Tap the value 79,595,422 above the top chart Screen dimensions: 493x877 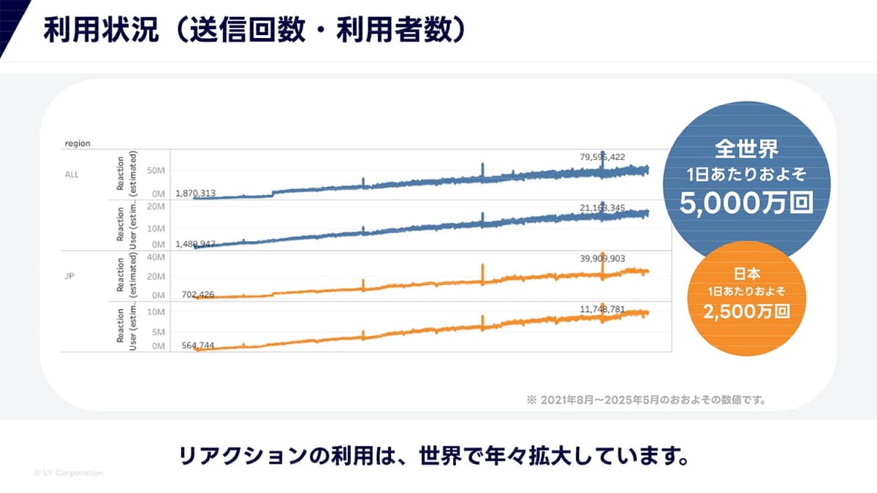pos(602,156)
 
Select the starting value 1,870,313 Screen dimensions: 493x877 pos(195,194)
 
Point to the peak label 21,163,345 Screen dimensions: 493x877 pos(602,208)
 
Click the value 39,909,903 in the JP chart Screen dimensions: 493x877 pos(602,259)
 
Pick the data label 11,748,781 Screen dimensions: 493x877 pos(602,310)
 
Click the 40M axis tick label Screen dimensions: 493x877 pos(155,257)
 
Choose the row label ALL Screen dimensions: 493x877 pos(71,175)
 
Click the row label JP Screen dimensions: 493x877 pos(69,277)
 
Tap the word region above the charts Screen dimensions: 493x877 pos(77,144)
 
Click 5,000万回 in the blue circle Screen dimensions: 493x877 pos(746,202)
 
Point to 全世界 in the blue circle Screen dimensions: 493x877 pos(746,150)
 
